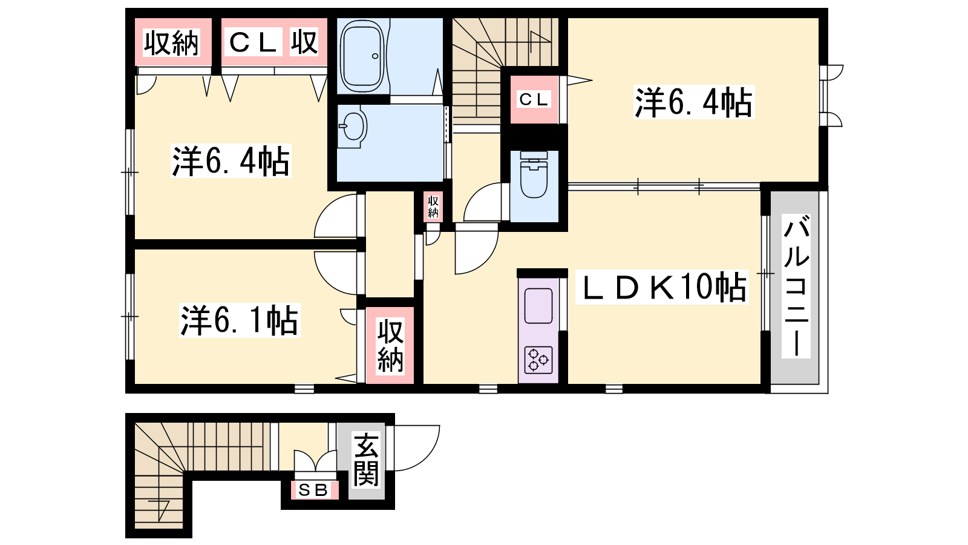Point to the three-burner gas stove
tap(538, 360)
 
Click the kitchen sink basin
tap(538, 305)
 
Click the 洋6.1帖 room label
tap(240, 322)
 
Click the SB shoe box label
tap(314, 490)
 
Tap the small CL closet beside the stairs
tap(534, 100)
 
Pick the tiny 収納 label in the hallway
tap(433, 206)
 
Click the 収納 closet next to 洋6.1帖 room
tap(391, 346)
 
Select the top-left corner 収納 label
tap(172, 43)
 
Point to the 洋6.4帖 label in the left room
tap(231, 161)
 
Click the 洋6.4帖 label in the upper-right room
tap(693, 102)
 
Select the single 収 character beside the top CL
tap(304, 42)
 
